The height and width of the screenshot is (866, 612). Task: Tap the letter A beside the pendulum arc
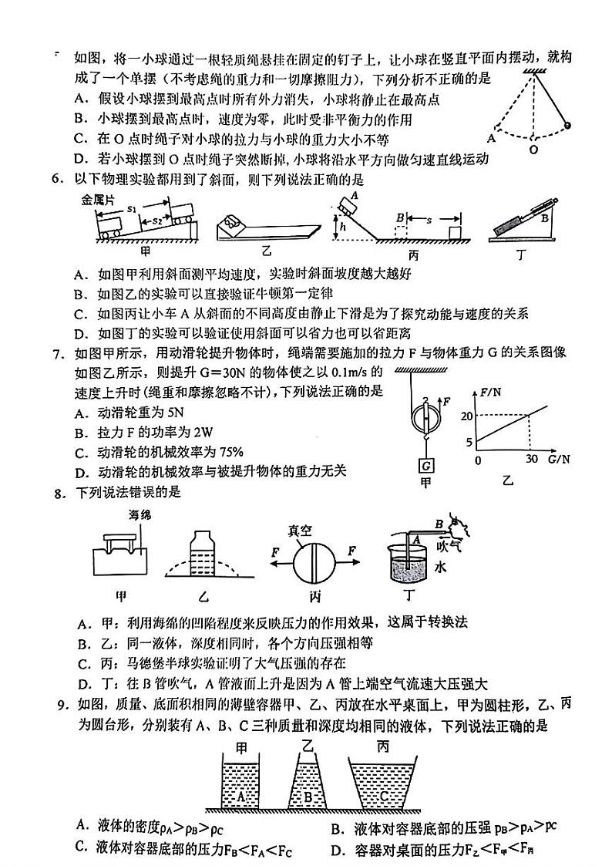tap(490, 139)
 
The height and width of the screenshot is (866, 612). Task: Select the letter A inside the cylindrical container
tap(242, 796)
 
